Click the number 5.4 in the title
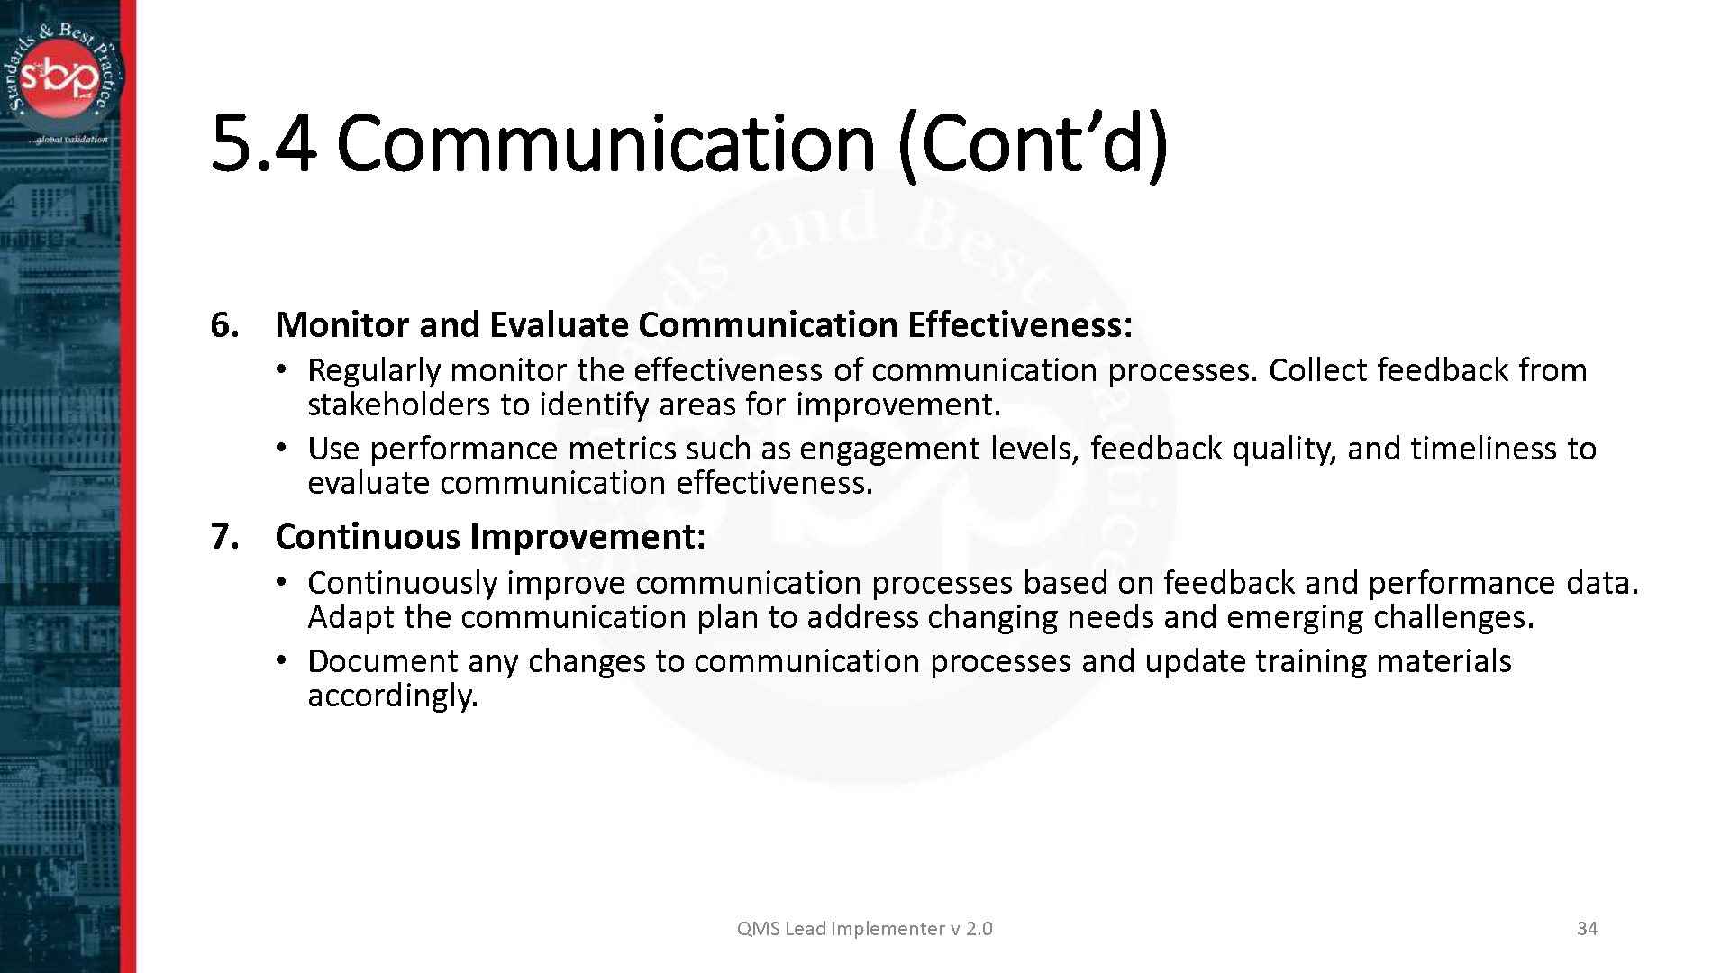click(263, 144)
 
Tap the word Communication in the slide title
click(606, 144)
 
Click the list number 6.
click(224, 325)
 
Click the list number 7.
click(224, 537)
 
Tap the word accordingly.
click(393, 696)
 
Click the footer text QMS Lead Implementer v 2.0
click(865, 929)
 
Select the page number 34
click(1588, 929)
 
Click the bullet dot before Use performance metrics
click(282, 449)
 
